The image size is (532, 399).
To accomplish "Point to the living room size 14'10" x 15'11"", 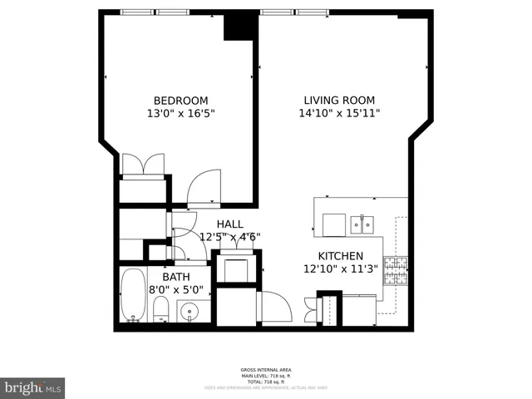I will (x=339, y=113).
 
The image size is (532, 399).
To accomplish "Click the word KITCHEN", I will (x=341, y=256).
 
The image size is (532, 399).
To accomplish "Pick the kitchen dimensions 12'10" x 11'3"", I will (x=341, y=268).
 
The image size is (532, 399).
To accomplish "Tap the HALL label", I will (x=229, y=224).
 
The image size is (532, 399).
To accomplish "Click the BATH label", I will (x=175, y=277).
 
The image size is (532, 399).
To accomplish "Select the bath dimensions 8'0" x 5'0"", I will (x=175, y=290).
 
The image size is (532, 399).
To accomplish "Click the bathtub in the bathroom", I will (x=132, y=296).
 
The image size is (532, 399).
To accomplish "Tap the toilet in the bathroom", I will (x=161, y=311).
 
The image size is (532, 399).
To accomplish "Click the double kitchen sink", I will (x=362, y=223).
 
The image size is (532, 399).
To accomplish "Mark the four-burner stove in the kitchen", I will (x=395, y=269).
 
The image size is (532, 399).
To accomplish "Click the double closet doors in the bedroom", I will (x=144, y=165).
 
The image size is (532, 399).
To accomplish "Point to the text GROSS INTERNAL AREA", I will (x=266, y=370).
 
